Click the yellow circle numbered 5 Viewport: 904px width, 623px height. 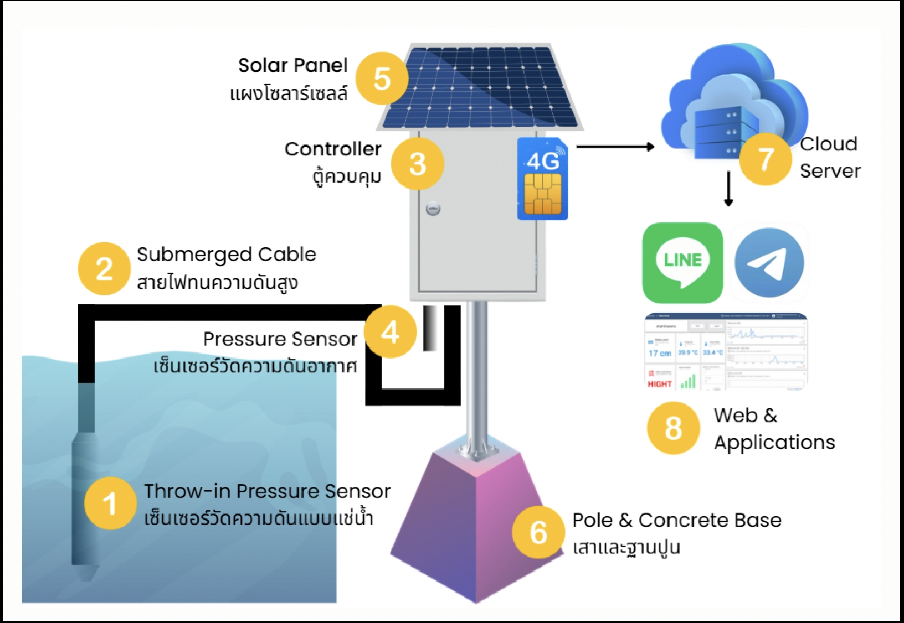(382, 79)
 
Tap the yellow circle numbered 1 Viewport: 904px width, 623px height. (110, 503)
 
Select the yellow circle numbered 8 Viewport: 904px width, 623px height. (673, 428)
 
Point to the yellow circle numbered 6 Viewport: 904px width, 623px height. (538, 532)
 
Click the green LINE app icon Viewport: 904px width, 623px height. (682, 263)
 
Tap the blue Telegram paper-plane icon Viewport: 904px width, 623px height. (769, 263)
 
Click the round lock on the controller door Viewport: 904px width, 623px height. (433, 209)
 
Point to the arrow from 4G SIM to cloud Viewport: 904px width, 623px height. (615, 147)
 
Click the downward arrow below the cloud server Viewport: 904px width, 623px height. (728, 189)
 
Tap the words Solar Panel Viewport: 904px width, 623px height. (292, 65)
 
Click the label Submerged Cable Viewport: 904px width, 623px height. (226, 255)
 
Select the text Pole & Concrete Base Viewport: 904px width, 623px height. (676, 520)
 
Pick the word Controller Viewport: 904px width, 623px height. (333, 149)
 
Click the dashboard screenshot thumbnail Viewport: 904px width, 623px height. (726, 352)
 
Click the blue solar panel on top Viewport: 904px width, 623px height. (479, 87)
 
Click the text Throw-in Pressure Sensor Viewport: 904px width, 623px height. (267, 491)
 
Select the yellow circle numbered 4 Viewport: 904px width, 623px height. (390, 332)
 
